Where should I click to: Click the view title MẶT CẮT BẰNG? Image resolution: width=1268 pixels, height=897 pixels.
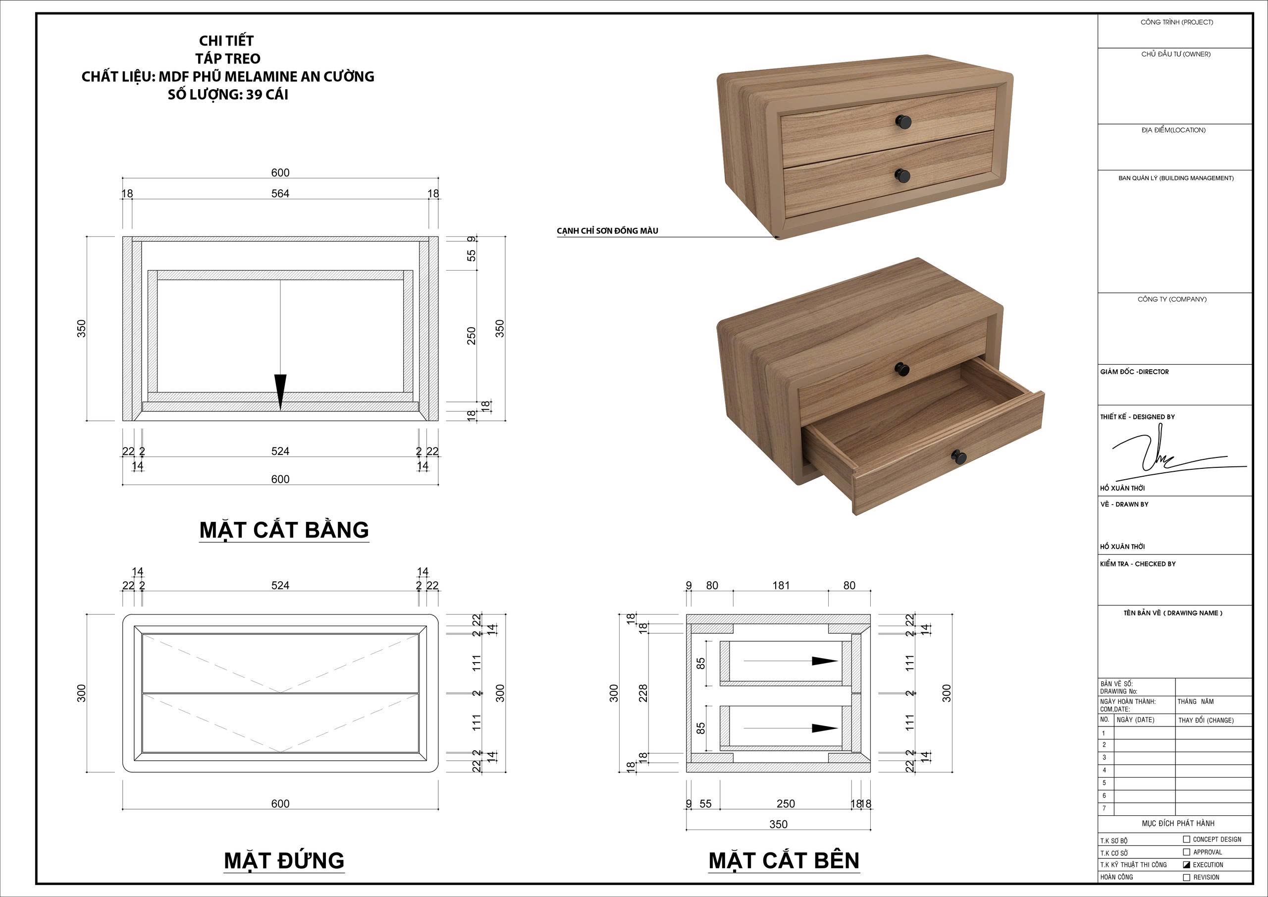pos(284,529)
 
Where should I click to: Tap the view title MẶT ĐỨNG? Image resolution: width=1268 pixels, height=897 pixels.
pos(284,860)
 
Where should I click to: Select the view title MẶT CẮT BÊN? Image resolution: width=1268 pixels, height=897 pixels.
pos(784,860)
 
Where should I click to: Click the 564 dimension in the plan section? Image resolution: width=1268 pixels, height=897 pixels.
pos(280,193)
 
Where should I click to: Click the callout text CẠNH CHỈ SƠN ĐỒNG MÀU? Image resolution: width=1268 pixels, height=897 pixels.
pos(607,231)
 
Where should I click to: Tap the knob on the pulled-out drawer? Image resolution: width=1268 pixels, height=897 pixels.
pos(959,456)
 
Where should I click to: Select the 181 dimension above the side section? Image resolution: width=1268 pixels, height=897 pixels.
pos(781,585)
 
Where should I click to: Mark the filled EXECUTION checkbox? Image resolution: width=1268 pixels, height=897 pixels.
pos(1186,864)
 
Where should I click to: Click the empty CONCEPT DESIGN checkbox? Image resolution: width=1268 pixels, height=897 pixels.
pos(1186,839)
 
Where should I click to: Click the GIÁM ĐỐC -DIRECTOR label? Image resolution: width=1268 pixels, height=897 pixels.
pos(1134,372)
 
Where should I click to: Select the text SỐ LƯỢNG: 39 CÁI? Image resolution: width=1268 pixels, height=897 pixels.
pos(228,95)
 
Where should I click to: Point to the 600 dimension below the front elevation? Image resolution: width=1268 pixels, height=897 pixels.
pos(280,804)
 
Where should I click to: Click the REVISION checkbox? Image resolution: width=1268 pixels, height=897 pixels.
pos(1186,877)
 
